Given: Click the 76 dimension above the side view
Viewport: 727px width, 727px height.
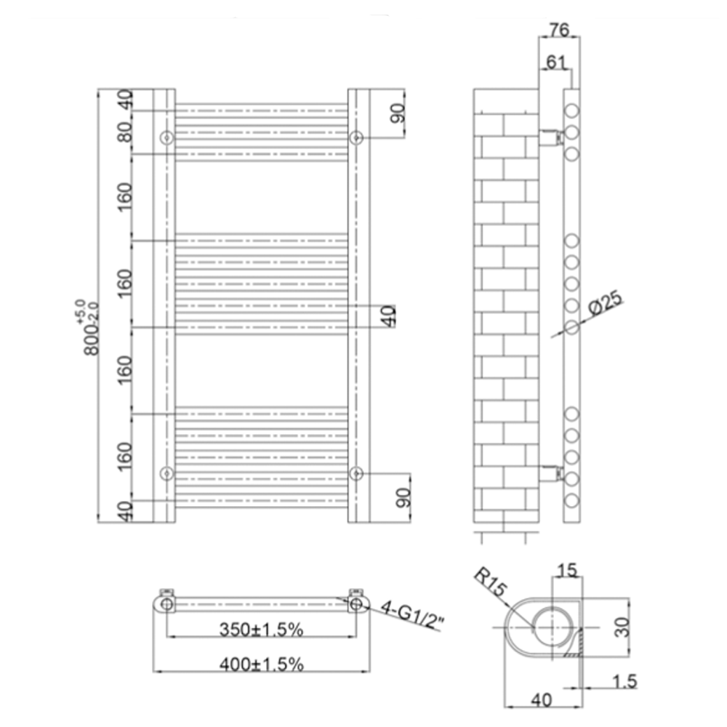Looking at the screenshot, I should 558,30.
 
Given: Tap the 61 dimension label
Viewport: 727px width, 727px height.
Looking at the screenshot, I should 556,63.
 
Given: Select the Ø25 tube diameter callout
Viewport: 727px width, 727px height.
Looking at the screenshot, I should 606,302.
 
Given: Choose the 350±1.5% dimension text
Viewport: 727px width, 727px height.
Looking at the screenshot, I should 261,630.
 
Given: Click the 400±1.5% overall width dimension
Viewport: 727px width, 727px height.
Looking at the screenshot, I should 261,663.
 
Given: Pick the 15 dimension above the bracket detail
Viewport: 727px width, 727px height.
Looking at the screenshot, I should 567,570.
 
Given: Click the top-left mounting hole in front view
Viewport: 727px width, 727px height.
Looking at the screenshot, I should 167,137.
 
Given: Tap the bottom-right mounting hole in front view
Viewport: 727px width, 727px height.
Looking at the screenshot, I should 356,473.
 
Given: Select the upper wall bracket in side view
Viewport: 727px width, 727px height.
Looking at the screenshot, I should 550,136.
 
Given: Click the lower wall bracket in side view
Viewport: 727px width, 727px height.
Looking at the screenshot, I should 550,473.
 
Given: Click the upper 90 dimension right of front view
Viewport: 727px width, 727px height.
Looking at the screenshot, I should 398,113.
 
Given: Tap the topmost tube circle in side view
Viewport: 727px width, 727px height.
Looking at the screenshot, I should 572,111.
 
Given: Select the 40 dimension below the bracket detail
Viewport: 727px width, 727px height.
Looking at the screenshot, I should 542,699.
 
